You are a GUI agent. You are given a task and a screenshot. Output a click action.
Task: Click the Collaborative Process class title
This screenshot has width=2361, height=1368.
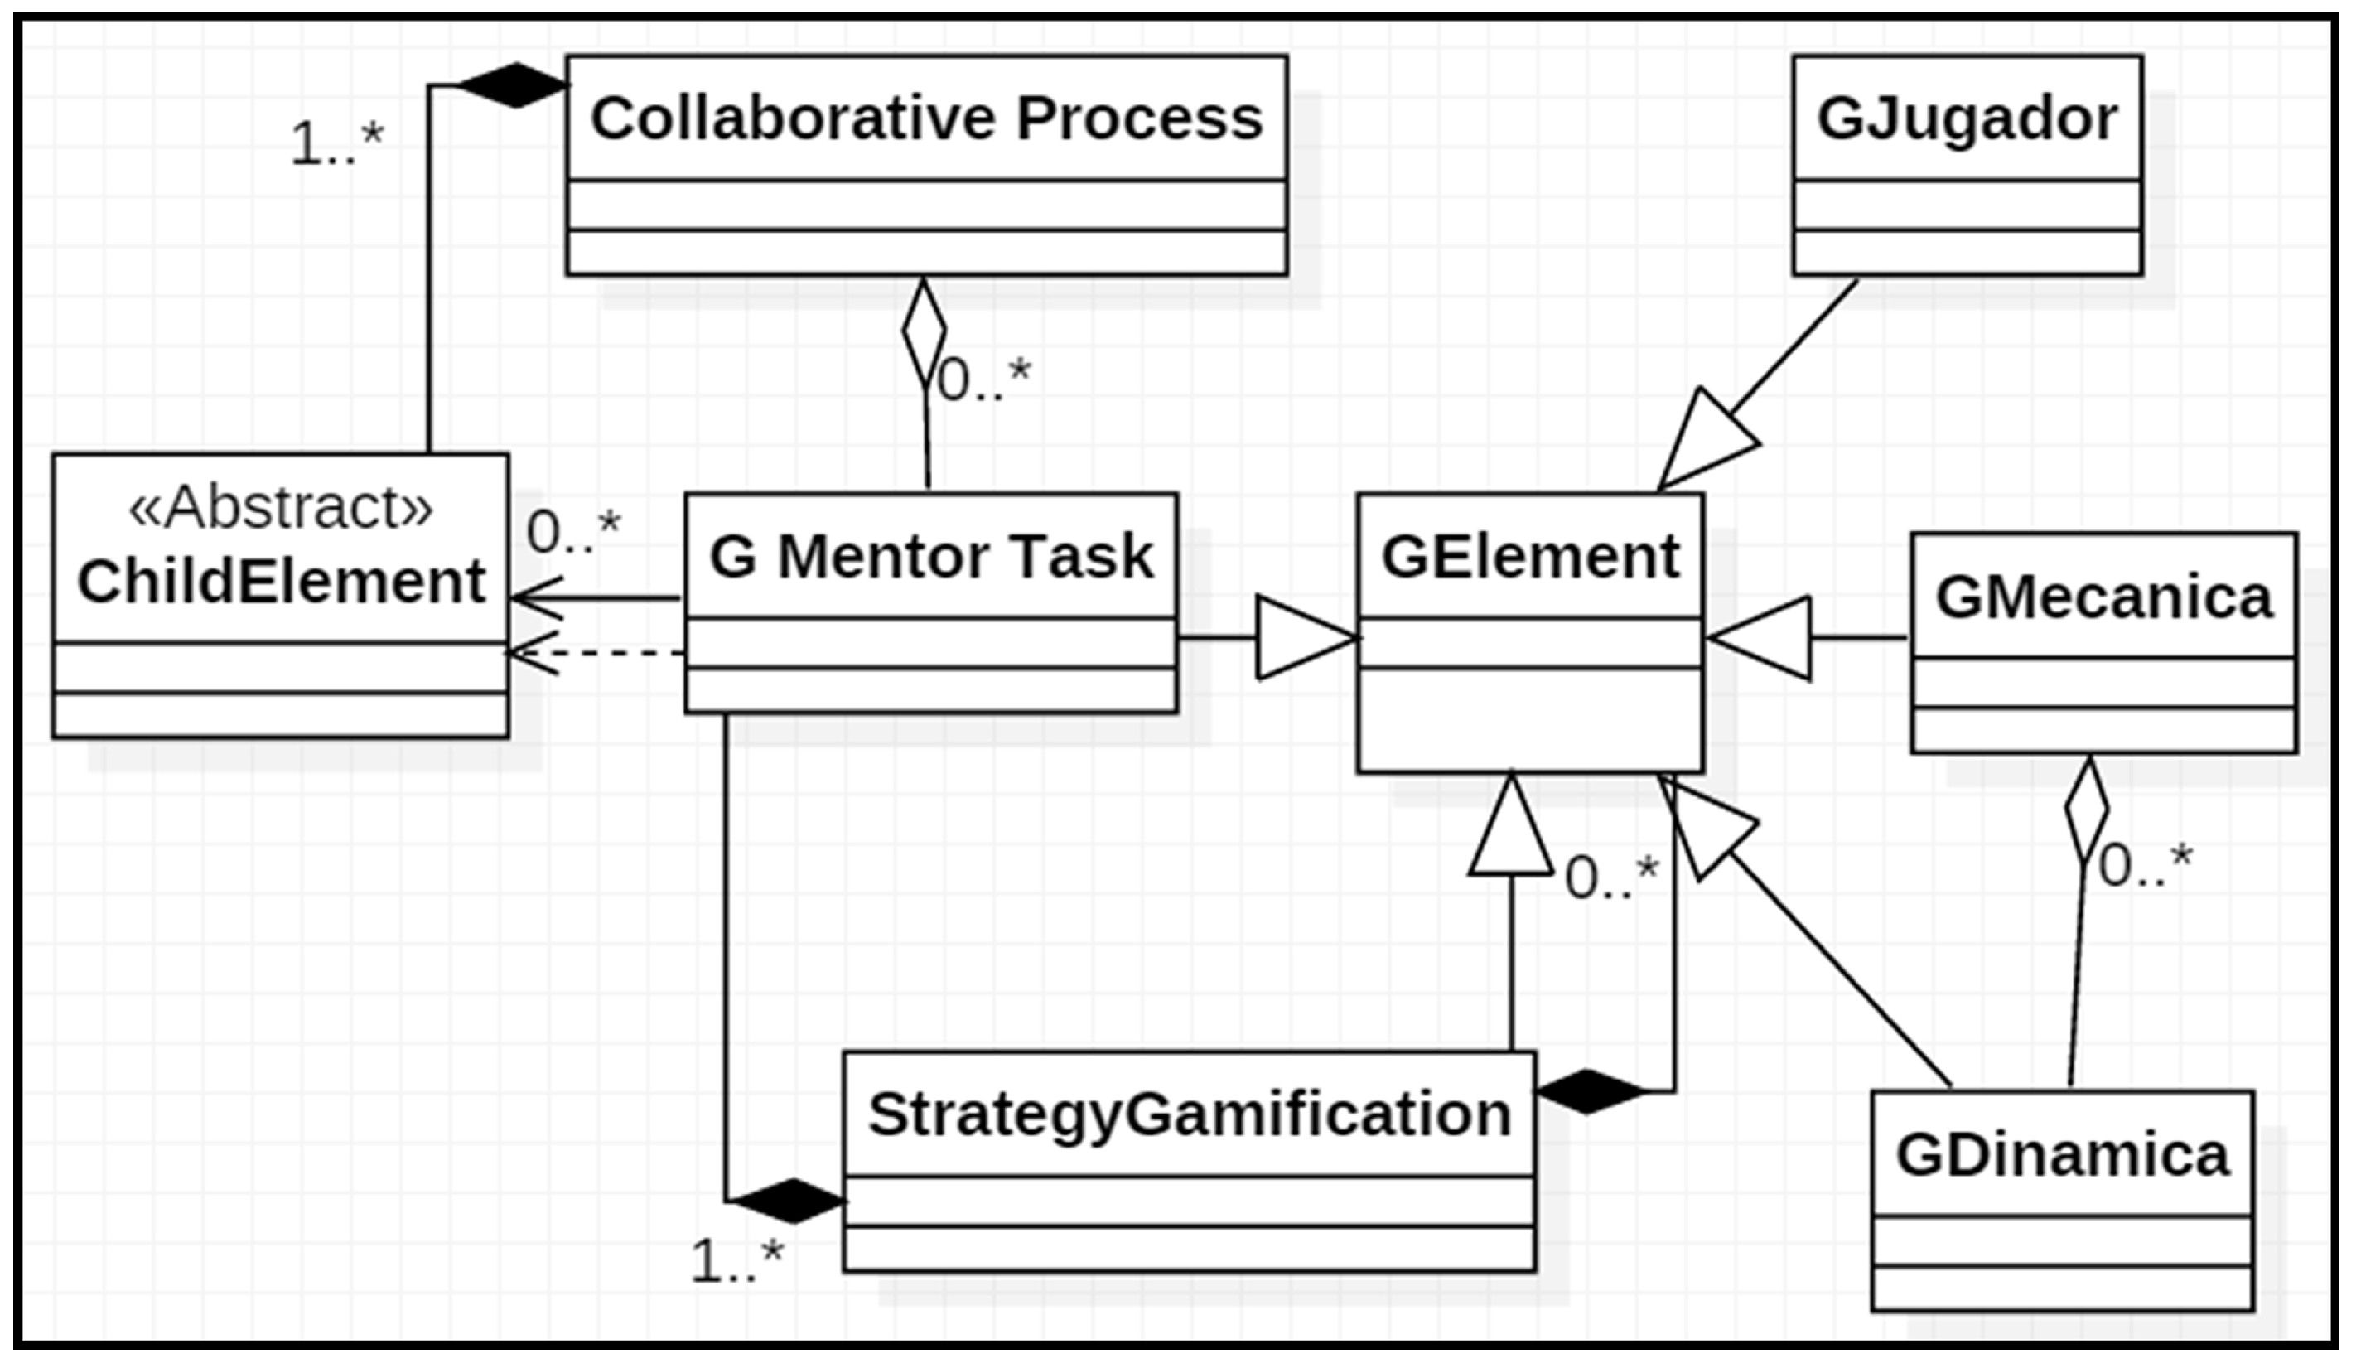925,119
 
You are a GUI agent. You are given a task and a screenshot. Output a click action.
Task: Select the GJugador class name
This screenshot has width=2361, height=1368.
1967,119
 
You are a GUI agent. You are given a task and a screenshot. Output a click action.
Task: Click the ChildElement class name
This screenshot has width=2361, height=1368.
280,581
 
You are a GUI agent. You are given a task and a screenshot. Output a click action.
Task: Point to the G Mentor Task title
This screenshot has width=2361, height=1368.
930,556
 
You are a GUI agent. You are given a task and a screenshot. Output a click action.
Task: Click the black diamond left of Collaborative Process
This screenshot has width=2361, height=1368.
514,85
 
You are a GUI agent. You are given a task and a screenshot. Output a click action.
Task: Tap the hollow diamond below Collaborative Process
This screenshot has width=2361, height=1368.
924,330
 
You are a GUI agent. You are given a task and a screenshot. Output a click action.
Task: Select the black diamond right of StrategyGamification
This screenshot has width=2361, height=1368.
1590,1091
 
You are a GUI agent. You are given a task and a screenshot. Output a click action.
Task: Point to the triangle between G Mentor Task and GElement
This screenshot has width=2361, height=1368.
1304,638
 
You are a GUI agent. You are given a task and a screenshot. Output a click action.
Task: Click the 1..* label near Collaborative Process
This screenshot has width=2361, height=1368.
336,145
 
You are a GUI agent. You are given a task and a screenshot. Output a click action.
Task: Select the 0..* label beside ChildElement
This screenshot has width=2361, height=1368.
572,532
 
